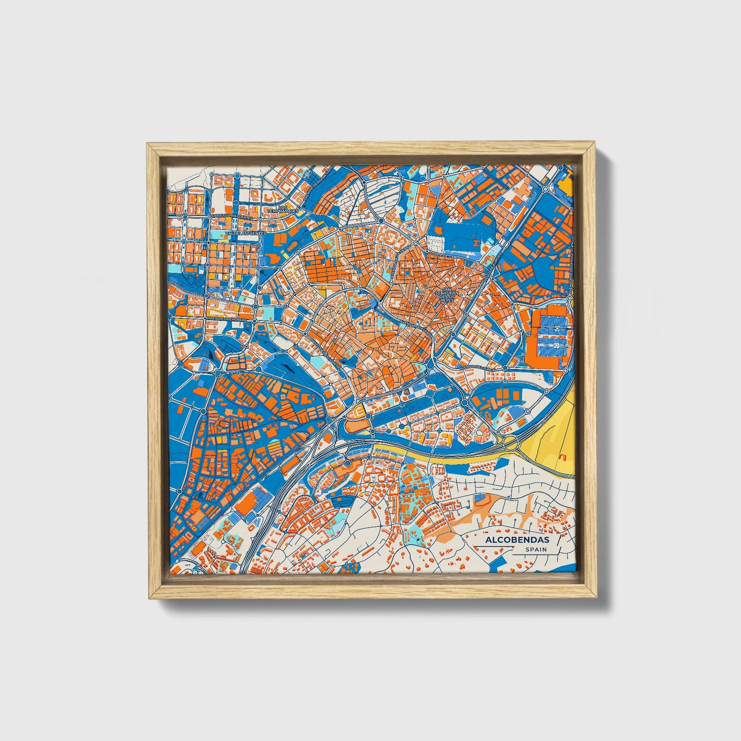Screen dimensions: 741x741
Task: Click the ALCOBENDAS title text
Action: pos(510,540)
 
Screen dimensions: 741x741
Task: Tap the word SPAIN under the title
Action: pos(535,549)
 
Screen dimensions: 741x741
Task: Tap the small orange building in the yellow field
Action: pos(563,456)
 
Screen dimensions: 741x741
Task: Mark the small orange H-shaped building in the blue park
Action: pos(476,242)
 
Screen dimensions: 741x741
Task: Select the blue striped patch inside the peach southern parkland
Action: pos(479,497)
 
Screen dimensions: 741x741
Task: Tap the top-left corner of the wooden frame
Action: pos(148,146)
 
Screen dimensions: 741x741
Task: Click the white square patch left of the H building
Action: pos(437,241)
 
